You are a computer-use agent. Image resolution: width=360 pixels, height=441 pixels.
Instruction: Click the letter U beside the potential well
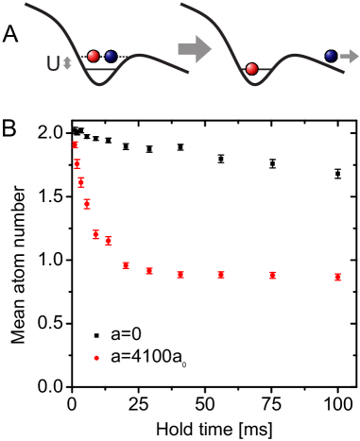pyautogui.click(x=53, y=64)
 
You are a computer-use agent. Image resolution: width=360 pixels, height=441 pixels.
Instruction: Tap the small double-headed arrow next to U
pyautogui.click(x=67, y=63)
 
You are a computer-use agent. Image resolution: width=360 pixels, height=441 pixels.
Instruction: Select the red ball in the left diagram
pyautogui.click(x=94, y=57)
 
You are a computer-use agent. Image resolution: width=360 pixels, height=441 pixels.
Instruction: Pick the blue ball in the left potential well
pyautogui.click(x=111, y=57)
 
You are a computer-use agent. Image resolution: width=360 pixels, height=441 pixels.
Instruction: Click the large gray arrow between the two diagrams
pyautogui.click(x=195, y=48)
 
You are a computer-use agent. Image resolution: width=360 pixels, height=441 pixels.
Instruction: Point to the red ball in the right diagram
pyautogui.click(x=251, y=69)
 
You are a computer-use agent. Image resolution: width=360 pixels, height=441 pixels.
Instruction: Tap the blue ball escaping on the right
pyautogui.click(x=331, y=56)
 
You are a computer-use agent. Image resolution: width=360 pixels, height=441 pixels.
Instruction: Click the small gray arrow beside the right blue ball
pyautogui.click(x=349, y=56)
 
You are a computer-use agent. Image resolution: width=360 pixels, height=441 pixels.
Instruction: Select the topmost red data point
pyautogui.click(x=76, y=144)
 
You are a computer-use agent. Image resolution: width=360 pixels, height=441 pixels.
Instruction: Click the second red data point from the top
pyautogui.click(x=77, y=163)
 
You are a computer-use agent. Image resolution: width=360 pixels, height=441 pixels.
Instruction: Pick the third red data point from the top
pyautogui.click(x=81, y=182)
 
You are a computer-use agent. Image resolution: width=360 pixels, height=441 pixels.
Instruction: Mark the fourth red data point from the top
pyautogui.click(x=87, y=204)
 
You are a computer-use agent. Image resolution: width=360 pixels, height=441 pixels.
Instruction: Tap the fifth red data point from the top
pyautogui.click(x=95, y=234)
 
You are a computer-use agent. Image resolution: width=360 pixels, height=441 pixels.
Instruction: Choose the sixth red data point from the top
pyautogui.click(x=109, y=241)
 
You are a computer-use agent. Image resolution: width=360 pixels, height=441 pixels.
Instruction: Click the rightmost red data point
pyautogui.click(x=337, y=277)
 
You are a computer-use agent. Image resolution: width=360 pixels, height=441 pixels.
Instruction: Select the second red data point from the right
pyautogui.click(x=272, y=275)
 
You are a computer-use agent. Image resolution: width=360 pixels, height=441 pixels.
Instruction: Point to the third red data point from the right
pyautogui.click(x=221, y=275)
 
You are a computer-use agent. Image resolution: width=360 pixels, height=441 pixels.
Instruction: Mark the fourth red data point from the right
pyautogui.click(x=180, y=275)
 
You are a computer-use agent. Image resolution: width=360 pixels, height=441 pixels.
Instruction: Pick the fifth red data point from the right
pyautogui.click(x=149, y=271)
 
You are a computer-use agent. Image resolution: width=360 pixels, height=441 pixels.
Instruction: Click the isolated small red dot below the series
pyautogui.click(x=96, y=358)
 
